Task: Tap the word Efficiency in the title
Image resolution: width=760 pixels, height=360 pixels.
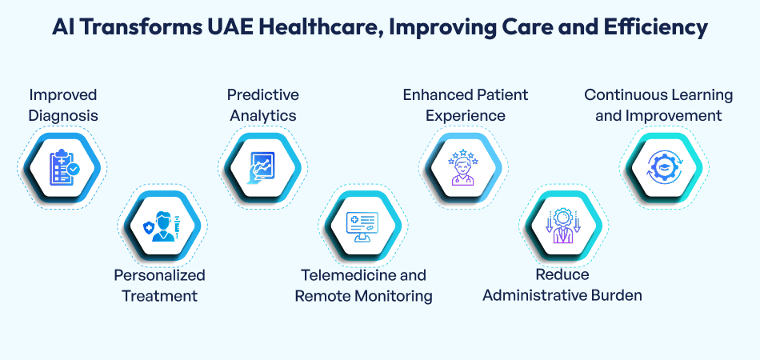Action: (652, 27)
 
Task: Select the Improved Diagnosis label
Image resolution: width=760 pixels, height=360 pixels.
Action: (63, 105)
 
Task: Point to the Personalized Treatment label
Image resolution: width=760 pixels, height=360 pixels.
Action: (159, 285)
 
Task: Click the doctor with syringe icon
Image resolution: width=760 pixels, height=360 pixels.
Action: (163, 227)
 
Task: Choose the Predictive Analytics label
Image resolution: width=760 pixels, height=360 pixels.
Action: (263, 105)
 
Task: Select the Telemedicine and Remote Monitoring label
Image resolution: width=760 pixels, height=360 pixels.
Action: (364, 285)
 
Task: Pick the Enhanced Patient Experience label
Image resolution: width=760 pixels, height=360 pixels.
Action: (466, 105)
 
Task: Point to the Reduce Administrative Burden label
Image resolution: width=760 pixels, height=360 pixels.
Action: (562, 285)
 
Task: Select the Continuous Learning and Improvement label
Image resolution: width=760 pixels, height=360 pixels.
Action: (658, 105)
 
